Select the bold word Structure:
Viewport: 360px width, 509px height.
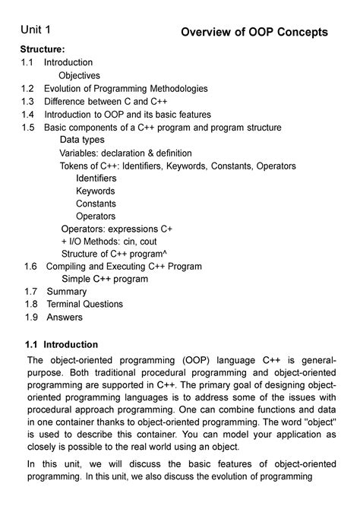[x=44, y=49]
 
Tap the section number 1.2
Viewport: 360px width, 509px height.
[x=28, y=88]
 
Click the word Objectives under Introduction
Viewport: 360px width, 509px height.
[x=80, y=75]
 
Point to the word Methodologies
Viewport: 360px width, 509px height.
[x=170, y=88]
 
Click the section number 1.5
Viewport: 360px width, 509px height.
[x=28, y=128]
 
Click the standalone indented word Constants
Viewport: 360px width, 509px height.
[x=96, y=204]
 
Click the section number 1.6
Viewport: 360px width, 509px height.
[x=30, y=267]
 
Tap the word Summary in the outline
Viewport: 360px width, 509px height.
[x=67, y=292]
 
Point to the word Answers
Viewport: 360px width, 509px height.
[x=65, y=317]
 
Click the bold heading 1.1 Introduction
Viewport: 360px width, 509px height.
[x=62, y=344]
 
